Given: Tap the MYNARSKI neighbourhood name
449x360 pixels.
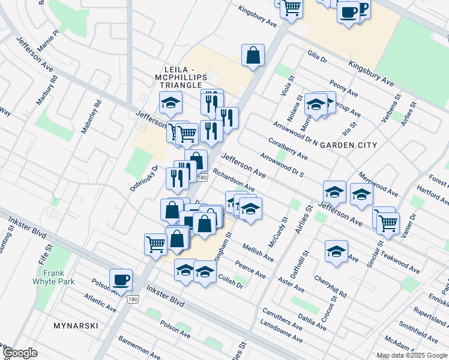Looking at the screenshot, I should (72, 323).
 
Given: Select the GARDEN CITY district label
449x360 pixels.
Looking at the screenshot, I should (348, 145).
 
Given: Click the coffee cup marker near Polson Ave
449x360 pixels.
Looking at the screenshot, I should (121, 280).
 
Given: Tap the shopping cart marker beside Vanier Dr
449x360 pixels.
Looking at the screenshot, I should (387, 222).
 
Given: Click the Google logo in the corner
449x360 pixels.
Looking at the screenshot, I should (20, 353).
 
